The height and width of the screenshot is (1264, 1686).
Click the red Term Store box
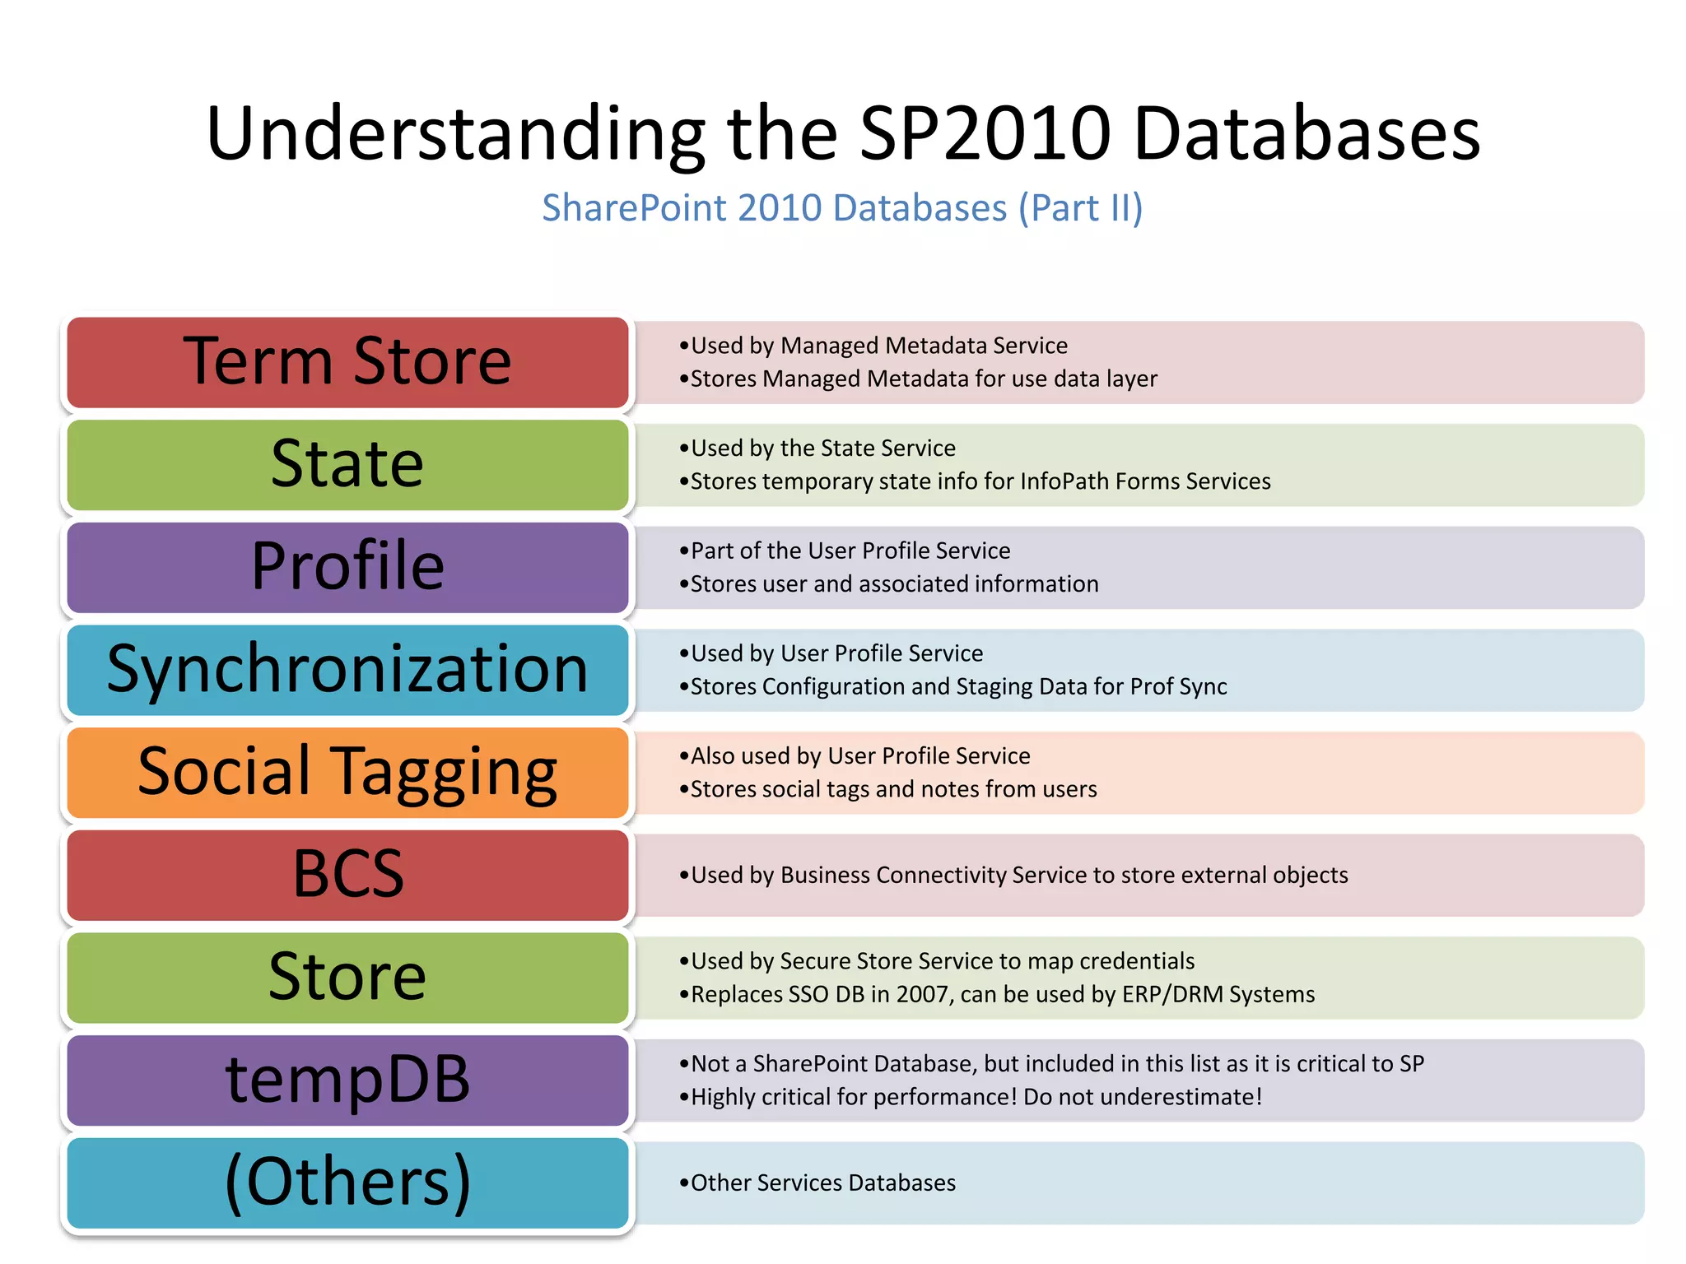[347, 362]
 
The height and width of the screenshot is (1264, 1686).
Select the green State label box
[347, 465]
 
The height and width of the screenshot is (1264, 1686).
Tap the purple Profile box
[347, 568]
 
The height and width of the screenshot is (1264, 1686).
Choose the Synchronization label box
[347, 670]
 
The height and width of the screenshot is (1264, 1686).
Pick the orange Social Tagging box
[347, 773]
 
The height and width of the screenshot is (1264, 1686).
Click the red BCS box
[347, 875]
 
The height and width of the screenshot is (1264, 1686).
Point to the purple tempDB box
[347, 1080]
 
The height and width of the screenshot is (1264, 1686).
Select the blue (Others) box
[347, 1183]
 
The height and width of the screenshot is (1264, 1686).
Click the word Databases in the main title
[1306, 133]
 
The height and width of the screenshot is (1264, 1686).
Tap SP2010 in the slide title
[985, 133]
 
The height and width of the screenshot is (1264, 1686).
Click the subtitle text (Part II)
[1081, 208]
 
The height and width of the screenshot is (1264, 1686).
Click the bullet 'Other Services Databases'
[823, 1183]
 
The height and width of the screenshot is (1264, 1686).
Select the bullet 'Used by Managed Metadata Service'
[878, 346]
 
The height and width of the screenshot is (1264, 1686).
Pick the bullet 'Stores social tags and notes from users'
[893, 789]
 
